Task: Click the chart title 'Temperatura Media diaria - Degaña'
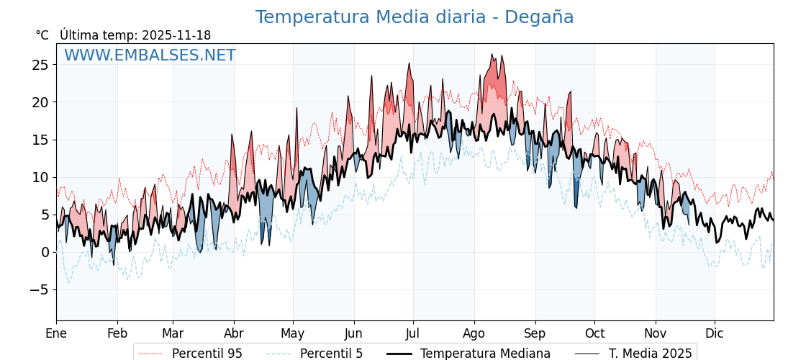click(415, 17)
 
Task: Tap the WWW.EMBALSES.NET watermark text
click(150, 55)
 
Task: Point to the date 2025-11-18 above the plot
click(176, 35)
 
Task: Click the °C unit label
click(42, 35)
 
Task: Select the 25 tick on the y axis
click(40, 65)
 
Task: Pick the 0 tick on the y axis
click(45, 252)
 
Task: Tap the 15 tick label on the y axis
click(40, 140)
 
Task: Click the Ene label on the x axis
click(56, 333)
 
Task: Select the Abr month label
click(234, 333)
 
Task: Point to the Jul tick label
click(413, 333)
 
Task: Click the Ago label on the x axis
click(474, 333)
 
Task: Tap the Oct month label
click(594, 333)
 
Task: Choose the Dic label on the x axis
click(715, 333)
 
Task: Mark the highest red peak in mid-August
click(493, 54)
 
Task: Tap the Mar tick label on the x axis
click(173, 333)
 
